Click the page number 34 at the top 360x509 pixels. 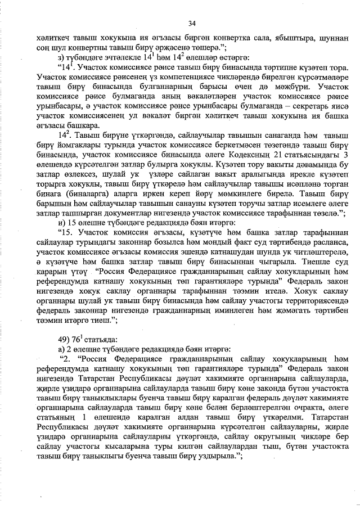coord(192,23)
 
